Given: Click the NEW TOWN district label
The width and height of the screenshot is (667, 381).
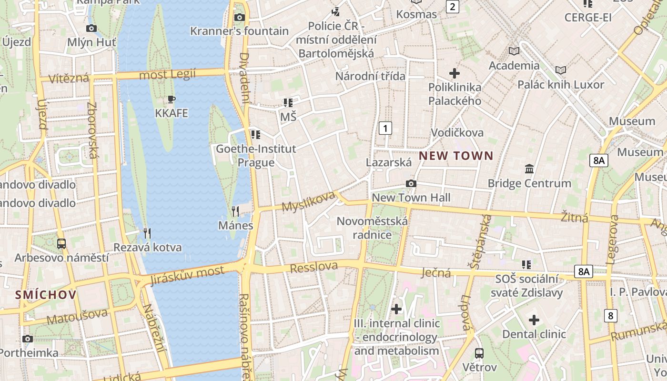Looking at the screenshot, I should click(456, 156).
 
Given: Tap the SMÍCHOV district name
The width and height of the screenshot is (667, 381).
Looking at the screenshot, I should click(46, 295).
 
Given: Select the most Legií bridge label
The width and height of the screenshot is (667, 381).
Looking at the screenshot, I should click(167, 75).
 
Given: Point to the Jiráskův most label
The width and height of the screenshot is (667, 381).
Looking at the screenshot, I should click(187, 275).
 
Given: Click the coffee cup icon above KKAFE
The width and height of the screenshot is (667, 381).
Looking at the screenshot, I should click(172, 100).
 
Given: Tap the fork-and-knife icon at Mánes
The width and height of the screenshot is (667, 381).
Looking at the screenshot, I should click(235, 211).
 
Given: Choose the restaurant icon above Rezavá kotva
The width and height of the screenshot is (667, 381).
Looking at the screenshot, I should click(147, 233).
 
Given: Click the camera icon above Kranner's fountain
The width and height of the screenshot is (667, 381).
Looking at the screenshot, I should click(239, 18).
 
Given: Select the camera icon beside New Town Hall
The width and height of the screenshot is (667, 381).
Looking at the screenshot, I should click(411, 184).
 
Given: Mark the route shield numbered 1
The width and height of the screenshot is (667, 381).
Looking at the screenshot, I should click(385, 128).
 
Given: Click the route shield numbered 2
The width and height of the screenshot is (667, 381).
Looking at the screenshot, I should click(452, 7).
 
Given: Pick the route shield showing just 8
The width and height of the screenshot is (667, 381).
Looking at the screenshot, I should click(610, 315).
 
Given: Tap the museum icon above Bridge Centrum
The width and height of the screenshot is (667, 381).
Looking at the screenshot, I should click(529, 169).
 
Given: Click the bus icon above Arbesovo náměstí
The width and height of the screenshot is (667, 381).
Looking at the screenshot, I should click(61, 244).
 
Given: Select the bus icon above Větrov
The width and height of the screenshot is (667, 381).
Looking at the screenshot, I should click(479, 353).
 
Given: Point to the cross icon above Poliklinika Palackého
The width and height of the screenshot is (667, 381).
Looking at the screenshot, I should click(455, 73).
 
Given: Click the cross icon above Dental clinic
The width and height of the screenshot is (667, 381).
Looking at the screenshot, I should click(534, 320).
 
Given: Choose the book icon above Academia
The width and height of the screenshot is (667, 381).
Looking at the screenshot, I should click(514, 51).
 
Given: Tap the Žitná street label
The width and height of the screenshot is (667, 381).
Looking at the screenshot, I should click(574, 218).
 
